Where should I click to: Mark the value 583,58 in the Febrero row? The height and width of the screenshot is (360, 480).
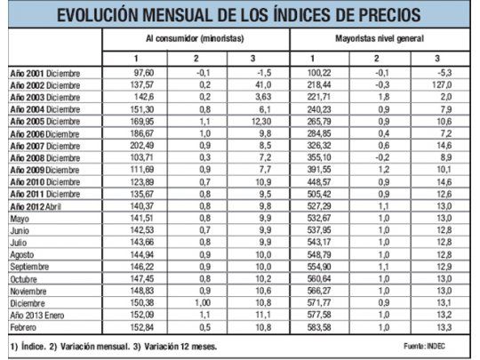pos(317,327)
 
